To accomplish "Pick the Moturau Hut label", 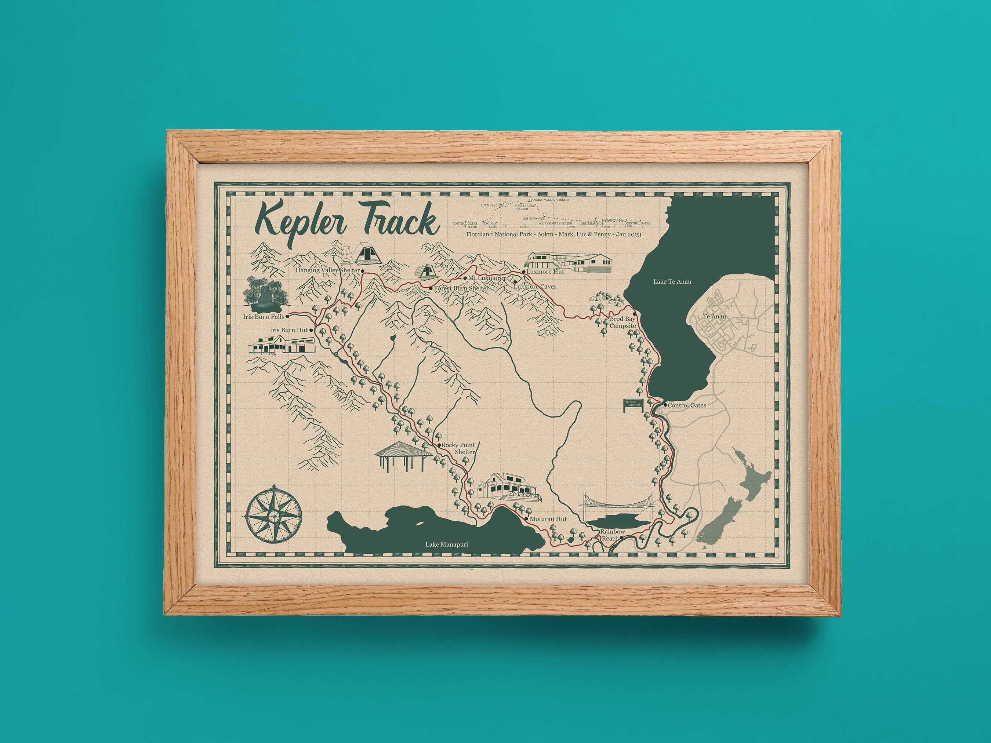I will click(x=548, y=519).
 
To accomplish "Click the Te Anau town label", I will click(x=714, y=317).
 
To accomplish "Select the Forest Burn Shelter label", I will click(x=461, y=288).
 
